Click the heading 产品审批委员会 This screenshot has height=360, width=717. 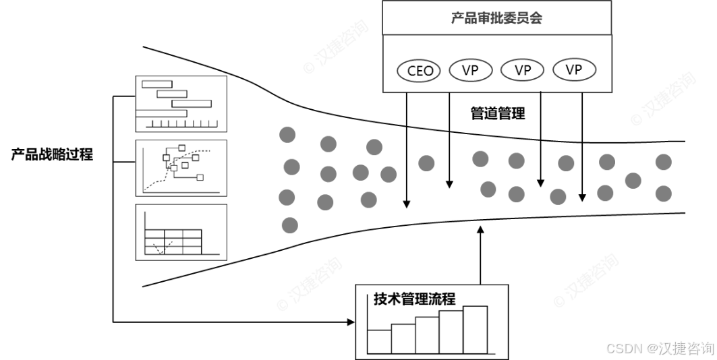pyautogui.click(x=497, y=18)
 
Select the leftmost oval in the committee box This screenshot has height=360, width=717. pyautogui.click(x=419, y=70)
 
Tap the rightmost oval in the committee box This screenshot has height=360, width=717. pyautogui.click(x=574, y=70)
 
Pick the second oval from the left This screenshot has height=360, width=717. pyautogui.click(x=471, y=70)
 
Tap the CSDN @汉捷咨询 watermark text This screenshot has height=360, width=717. pyautogui.click(x=659, y=348)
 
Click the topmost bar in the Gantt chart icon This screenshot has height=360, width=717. pyautogui.click(x=157, y=84)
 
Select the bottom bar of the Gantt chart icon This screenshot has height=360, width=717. pyautogui.click(x=161, y=113)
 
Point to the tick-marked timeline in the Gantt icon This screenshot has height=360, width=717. pyautogui.click(x=181, y=123)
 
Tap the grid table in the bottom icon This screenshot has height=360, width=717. pyautogui.click(x=173, y=241)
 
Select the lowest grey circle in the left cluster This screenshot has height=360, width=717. pyautogui.click(x=289, y=225)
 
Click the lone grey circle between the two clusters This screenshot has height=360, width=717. pyautogui.click(x=426, y=163)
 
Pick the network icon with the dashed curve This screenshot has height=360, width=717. pyautogui.click(x=181, y=167)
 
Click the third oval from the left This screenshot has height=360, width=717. pyautogui.click(x=522, y=70)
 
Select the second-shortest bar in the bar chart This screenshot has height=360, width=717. pyautogui.click(x=403, y=338)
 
